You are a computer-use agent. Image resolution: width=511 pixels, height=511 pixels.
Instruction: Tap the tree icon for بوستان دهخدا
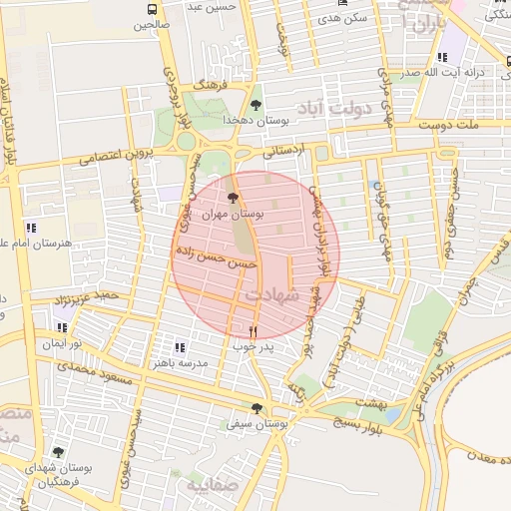[x=256, y=104]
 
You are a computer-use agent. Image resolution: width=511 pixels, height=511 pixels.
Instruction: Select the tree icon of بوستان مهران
[x=234, y=198]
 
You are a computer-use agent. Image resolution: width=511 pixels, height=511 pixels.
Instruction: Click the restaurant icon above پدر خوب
[x=253, y=331]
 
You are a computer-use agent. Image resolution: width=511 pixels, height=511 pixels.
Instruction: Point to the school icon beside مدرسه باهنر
[x=180, y=347]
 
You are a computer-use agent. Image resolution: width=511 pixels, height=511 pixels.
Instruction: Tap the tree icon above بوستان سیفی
[x=257, y=408]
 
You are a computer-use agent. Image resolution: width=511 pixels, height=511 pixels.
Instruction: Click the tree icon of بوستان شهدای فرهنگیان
[x=57, y=451]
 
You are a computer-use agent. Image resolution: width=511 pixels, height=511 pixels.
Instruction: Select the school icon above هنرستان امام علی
[x=31, y=228]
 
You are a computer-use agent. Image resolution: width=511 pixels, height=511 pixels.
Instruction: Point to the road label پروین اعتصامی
[x=114, y=156]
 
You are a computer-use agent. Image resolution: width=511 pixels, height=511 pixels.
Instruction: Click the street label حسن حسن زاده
[x=217, y=257]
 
